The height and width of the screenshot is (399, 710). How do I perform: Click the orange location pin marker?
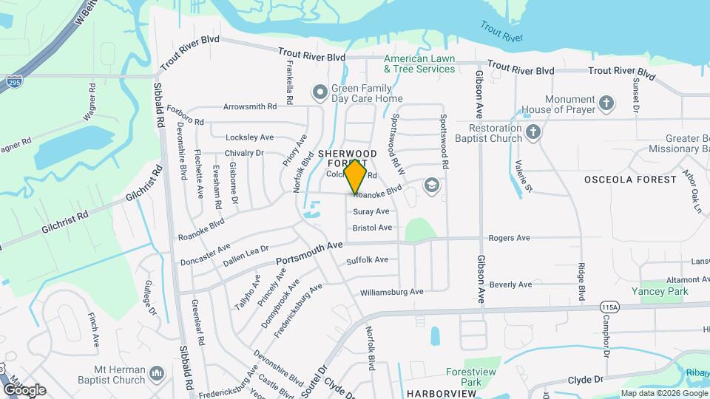pos(356,177)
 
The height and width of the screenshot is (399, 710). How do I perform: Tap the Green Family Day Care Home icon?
pos(320,92)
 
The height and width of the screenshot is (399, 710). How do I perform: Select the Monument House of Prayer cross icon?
pos(606,103)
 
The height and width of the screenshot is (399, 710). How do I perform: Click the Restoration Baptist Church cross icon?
pos(534,133)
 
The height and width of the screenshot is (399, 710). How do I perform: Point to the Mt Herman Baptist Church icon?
pos(156,375)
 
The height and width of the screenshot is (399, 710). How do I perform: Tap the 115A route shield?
pos(589,307)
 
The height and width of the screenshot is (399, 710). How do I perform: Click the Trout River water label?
pos(501,32)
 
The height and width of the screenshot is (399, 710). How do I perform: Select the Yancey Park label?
pos(663,291)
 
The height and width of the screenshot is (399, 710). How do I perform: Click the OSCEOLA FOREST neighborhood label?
pos(630,180)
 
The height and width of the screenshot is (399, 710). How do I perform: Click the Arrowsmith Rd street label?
pos(250,106)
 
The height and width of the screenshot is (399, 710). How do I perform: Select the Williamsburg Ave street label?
pos(391,292)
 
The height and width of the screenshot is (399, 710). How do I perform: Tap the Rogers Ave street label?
pos(510,238)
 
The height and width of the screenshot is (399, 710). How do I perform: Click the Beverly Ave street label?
pos(510,284)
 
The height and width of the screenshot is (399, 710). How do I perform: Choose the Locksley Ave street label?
pos(249,137)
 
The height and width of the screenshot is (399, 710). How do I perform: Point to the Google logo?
pos(24,389)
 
